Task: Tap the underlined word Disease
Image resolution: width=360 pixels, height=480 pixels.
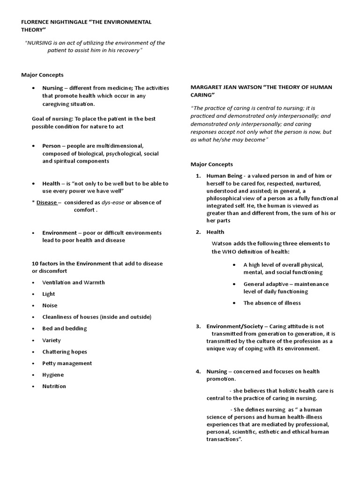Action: point(47,202)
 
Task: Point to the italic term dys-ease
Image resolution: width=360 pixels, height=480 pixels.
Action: point(115,202)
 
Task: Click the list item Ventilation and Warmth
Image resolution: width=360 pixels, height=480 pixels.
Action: point(74,283)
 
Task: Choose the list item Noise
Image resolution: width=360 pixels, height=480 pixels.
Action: point(50,306)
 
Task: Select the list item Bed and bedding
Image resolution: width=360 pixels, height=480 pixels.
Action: point(65,329)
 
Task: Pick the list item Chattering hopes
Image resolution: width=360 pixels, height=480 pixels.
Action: point(65,352)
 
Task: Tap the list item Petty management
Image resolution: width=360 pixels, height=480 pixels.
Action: point(67,363)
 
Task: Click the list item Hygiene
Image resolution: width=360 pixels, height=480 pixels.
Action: point(53,375)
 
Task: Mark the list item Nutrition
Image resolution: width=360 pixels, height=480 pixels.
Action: point(54,386)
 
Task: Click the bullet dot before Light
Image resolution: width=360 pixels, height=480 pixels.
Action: point(33,294)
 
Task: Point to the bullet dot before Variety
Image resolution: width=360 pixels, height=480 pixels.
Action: point(33,340)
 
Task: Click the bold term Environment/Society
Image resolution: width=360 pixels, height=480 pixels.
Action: point(235,326)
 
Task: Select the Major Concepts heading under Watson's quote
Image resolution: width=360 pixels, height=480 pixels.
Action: point(211,165)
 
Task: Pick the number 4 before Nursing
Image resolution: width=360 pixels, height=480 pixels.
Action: point(198,372)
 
